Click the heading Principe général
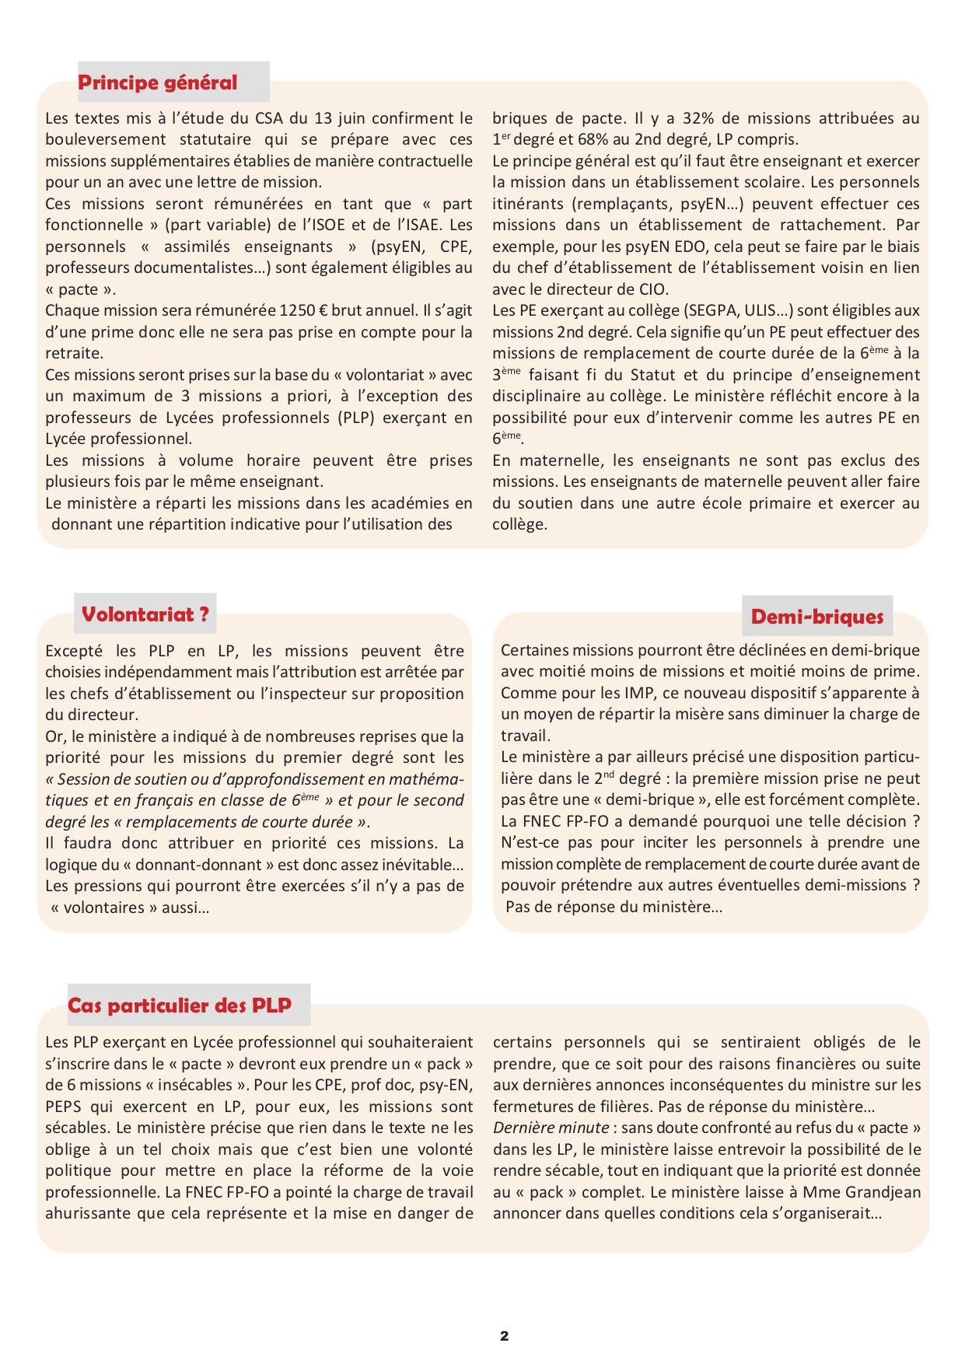point(158,82)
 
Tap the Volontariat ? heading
point(145,614)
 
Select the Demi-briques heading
point(817,617)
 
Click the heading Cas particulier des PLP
point(180,1006)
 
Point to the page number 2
point(504,1336)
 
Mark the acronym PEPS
point(63,1107)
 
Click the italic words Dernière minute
point(551,1128)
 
